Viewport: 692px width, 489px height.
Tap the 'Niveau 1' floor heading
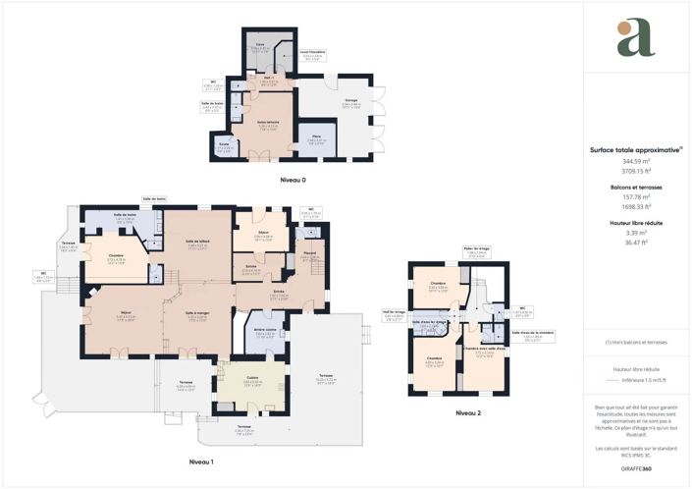[201, 461]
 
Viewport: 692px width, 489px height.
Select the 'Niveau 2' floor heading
[469, 413]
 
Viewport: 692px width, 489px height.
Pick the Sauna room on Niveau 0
[225, 146]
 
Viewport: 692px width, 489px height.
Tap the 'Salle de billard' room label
[195, 243]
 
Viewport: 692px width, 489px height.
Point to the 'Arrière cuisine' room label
[263, 331]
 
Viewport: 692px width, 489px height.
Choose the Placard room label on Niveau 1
[309, 254]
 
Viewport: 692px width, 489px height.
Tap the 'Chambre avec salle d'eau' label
[484, 349]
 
